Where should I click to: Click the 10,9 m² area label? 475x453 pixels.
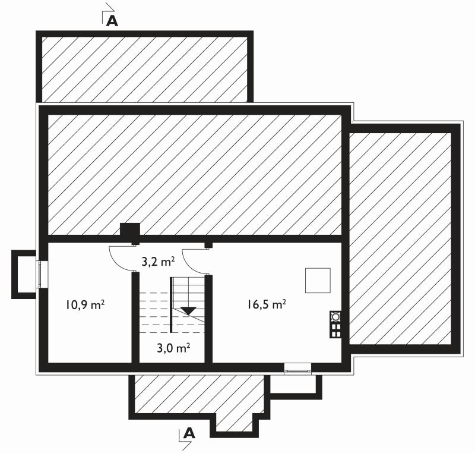[85, 304]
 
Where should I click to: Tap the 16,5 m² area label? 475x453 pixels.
[267, 304]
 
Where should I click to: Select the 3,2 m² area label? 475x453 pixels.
[158, 262]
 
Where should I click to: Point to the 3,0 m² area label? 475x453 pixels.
[173, 348]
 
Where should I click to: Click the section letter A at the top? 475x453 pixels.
[112, 21]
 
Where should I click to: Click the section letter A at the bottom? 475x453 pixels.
[189, 433]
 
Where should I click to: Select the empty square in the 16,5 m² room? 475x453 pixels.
[318, 281]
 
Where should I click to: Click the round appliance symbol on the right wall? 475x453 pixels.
[335, 316]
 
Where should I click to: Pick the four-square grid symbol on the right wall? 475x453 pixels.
[335, 330]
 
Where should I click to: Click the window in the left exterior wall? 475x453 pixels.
[40, 274]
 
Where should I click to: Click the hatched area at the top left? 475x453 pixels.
[144, 69]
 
